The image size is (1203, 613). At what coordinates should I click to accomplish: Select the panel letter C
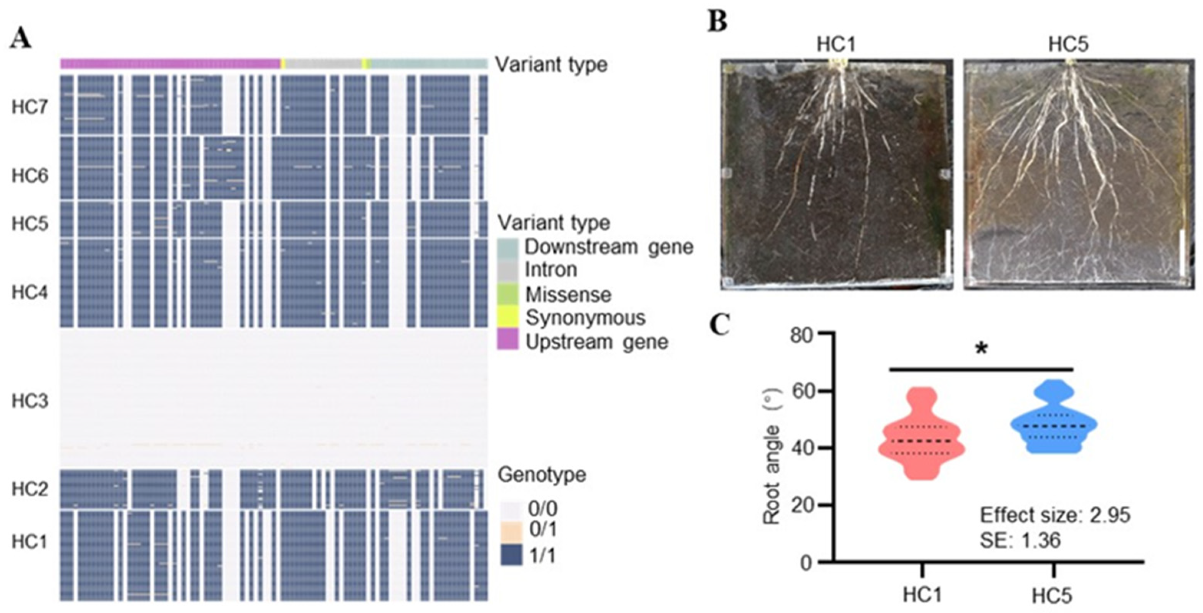tap(720, 325)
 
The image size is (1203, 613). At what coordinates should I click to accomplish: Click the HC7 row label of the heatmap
tap(30, 108)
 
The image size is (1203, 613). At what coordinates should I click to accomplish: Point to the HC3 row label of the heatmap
tap(30, 401)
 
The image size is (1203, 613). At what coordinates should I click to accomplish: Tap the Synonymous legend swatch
tap(507, 318)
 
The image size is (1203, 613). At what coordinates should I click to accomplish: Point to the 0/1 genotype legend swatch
tap(511, 532)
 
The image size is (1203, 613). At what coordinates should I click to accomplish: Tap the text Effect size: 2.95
tap(1054, 515)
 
